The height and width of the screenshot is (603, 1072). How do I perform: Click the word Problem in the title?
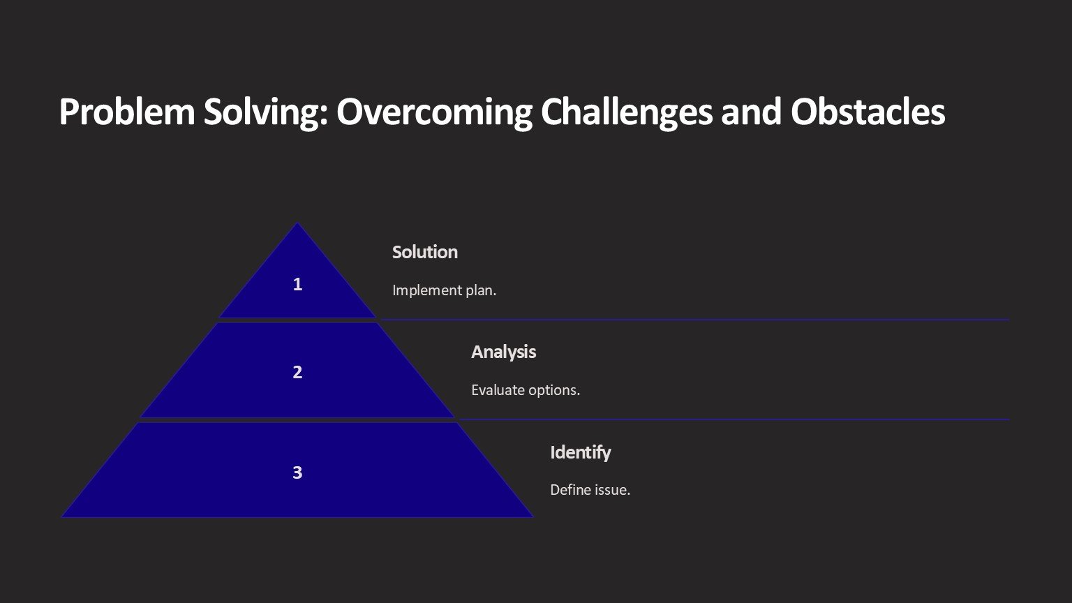point(127,112)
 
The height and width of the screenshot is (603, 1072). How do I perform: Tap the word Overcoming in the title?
point(435,113)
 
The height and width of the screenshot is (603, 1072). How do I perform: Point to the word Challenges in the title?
point(627,113)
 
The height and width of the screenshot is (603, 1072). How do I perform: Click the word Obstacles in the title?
point(868,112)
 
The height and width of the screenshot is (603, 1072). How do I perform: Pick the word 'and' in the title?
point(752,112)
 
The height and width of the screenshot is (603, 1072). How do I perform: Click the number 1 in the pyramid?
point(297,284)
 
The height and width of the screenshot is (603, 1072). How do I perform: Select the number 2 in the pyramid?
point(297,372)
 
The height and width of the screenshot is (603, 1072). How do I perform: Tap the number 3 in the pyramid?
point(297,472)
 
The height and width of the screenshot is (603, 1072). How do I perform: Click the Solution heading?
point(425,252)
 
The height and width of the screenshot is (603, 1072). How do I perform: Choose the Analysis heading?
point(503,352)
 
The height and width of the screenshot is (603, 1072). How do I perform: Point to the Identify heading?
point(581,452)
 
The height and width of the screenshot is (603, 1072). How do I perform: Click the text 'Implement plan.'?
point(444,290)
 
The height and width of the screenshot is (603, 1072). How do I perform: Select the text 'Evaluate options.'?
point(526,390)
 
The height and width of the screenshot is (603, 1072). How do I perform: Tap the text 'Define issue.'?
point(590,489)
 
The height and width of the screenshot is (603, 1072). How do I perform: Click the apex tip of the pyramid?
point(297,223)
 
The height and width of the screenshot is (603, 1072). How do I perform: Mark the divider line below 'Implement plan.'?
point(695,319)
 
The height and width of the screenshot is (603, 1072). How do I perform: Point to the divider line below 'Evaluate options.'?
point(735,419)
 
